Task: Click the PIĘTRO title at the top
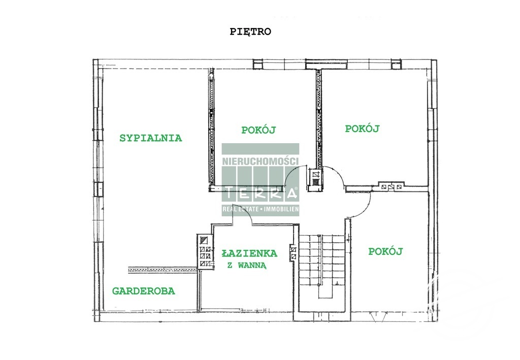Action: [x=251, y=31]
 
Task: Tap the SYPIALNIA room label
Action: [x=150, y=138]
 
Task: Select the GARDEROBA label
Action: [x=144, y=291]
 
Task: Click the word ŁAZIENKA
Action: [x=249, y=253]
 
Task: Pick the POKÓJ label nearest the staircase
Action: [x=385, y=251]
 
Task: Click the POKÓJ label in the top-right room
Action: [x=363, y=128]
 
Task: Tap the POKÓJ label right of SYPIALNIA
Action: [x=258, y=130]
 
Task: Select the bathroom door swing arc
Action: [x=243, y=215]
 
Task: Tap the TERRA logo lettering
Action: [x=260, y=193]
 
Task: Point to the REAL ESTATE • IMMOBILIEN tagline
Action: [x=260, y=209]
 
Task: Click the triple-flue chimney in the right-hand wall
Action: [x=391, y=186]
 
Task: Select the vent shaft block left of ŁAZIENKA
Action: [x=205, y=252]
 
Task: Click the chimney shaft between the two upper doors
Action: [x=316, y=179]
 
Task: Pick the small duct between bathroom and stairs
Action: [x=293, y=252]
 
